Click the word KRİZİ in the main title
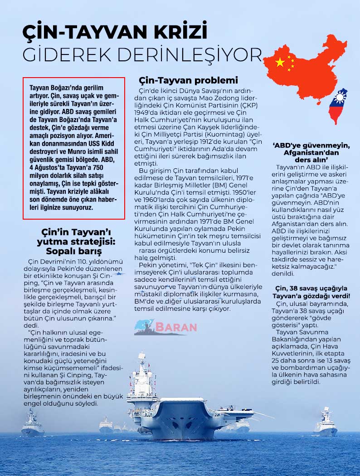coord(175,33)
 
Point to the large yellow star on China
coord(280,62)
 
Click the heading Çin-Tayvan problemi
coord(188,81)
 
